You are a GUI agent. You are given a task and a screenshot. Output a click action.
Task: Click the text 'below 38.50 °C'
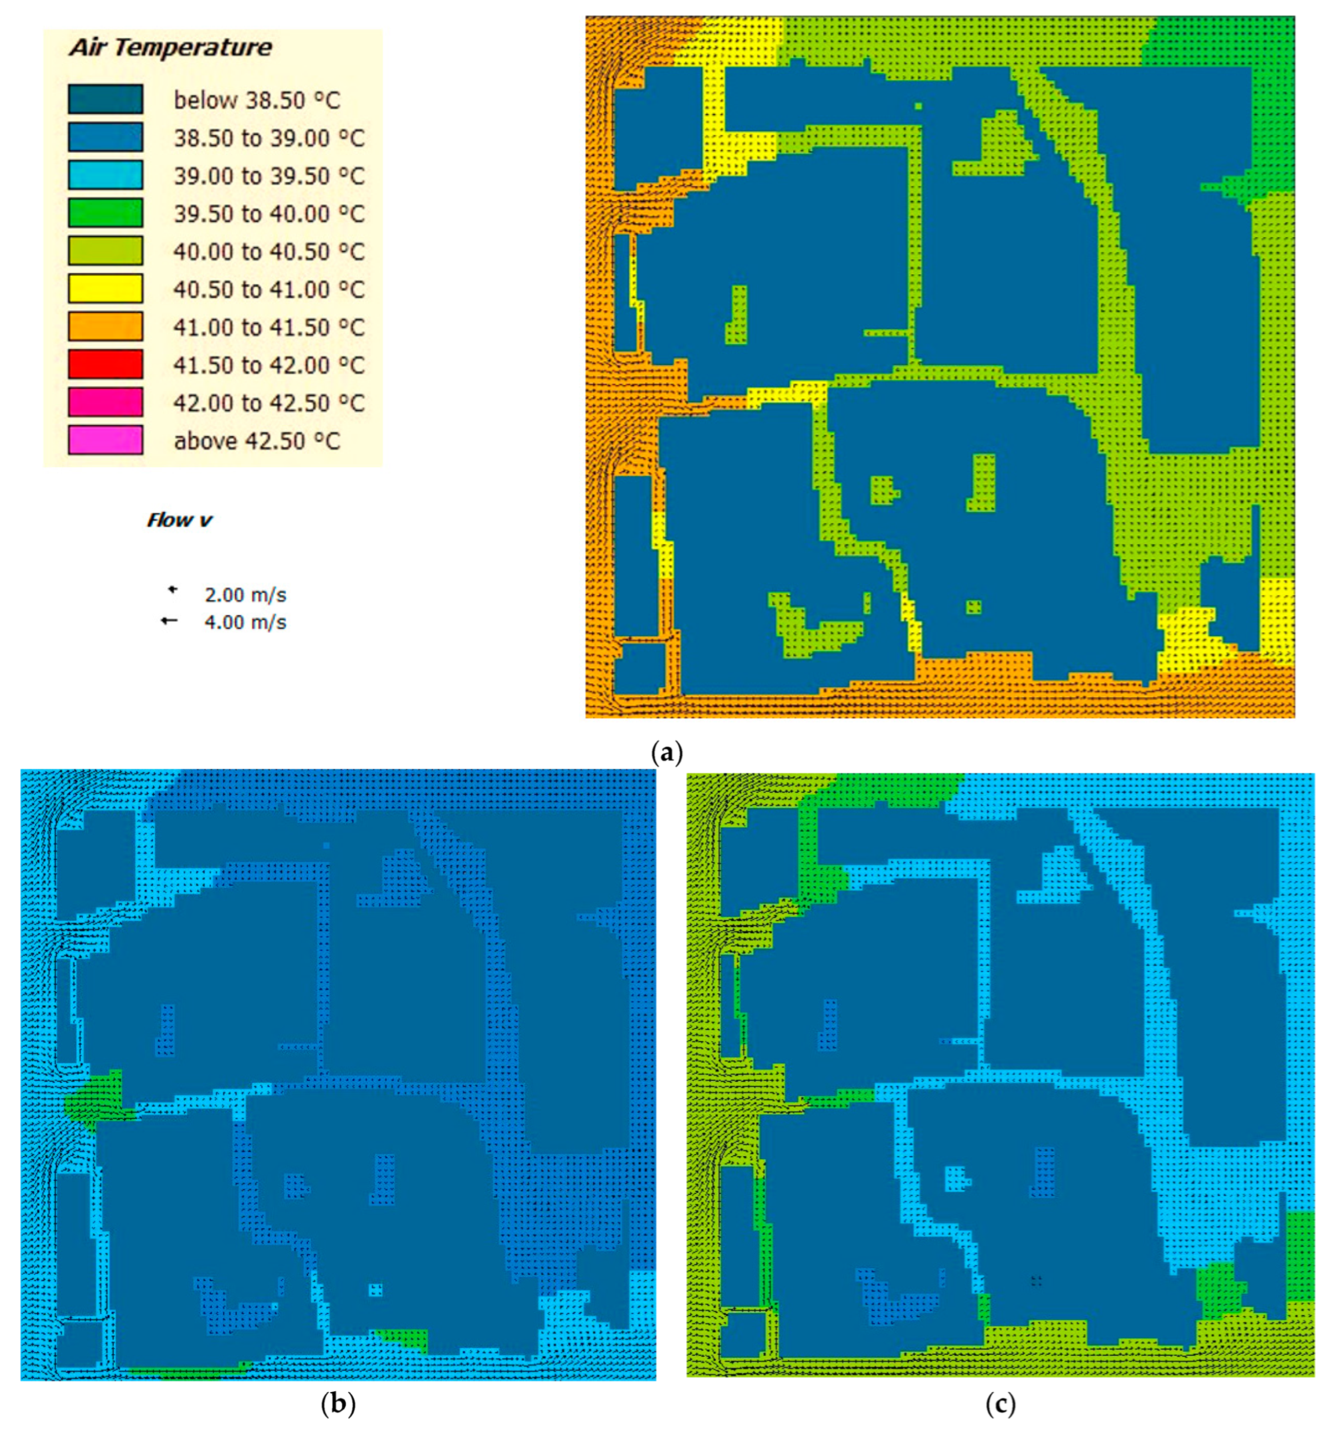pos(257,100)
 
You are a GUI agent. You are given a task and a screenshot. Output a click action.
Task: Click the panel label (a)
pos(666,753)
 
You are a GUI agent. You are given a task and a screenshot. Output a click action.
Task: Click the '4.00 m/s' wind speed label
pos(245,622)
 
